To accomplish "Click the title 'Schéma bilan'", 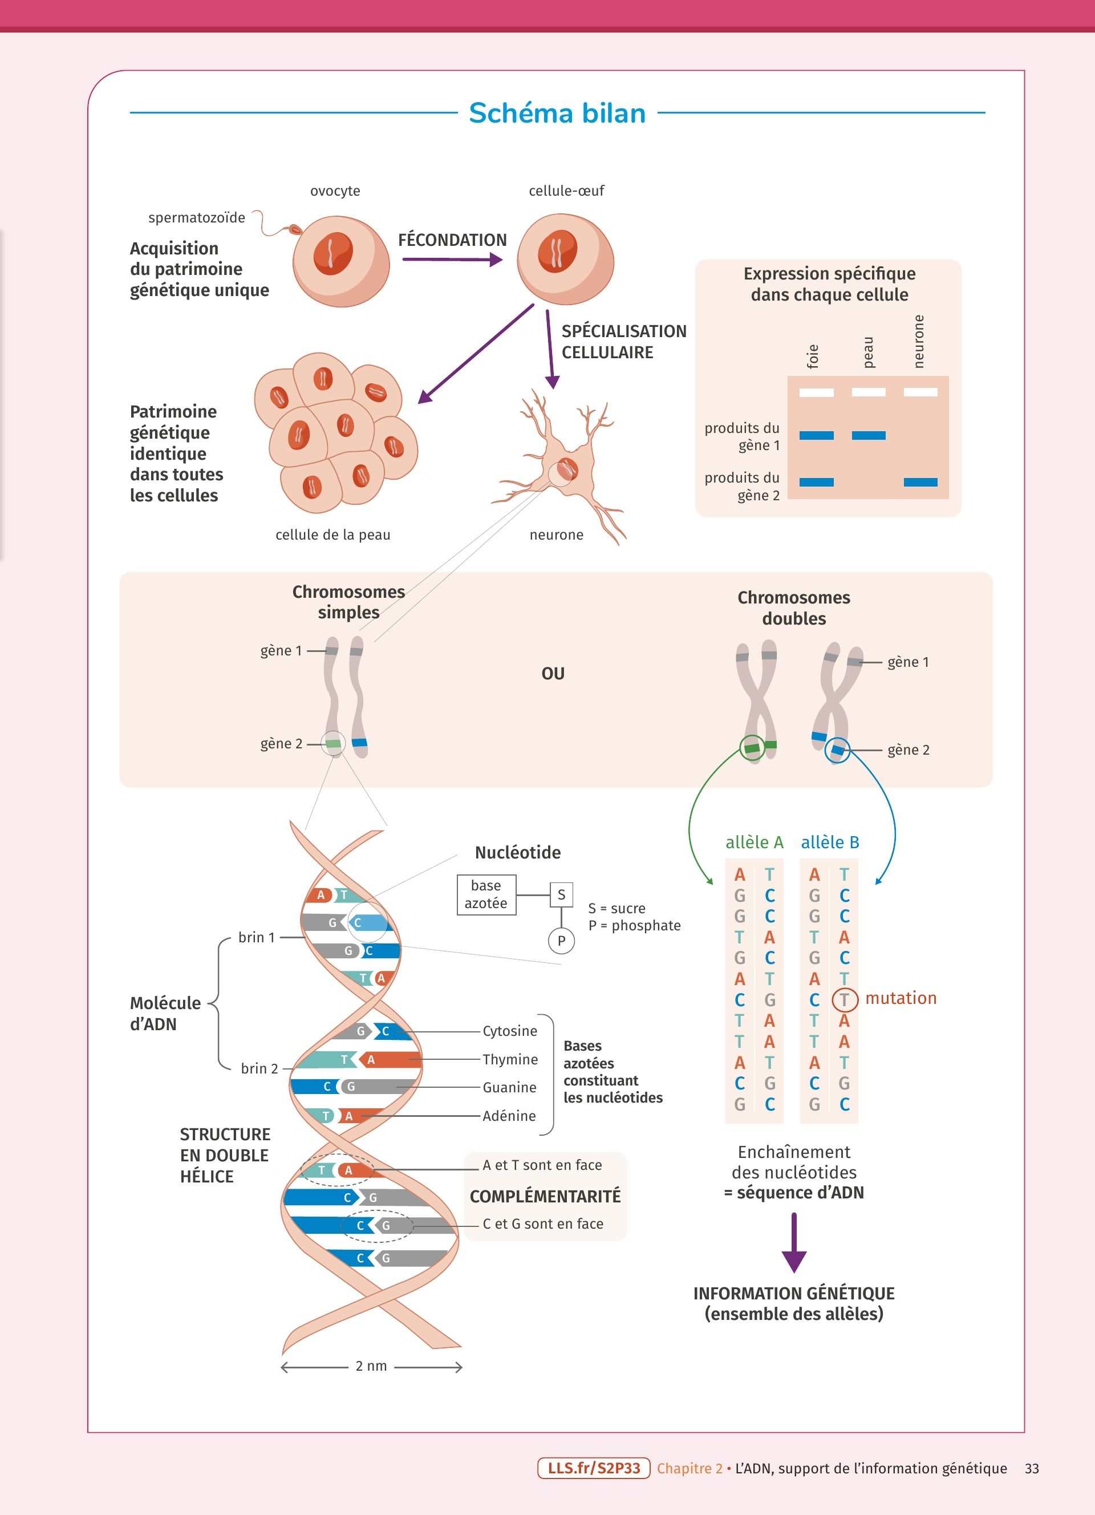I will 557,113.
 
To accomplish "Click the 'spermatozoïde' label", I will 196,218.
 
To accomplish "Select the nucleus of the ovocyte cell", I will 333,253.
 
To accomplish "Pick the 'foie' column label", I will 813,356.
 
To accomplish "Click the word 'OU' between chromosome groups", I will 553,673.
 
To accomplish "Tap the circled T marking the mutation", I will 844,999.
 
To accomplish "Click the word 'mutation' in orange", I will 901,998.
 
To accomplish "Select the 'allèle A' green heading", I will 755,842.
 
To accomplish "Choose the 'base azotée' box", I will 486,894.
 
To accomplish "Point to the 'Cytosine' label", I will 509,1031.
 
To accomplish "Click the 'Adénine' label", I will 509,1116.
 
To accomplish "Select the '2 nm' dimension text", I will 371,1366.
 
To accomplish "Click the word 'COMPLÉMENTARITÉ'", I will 545,1196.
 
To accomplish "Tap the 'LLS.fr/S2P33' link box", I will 594,1468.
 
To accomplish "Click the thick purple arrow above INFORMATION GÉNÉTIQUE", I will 794,1243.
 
